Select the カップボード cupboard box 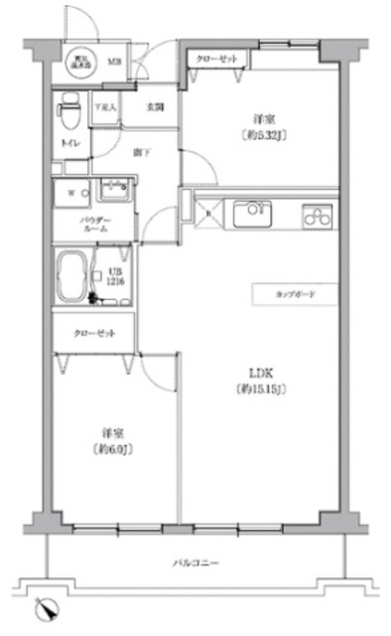(x=295, y=295)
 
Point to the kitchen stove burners (x=317, y=214)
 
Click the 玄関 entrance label (x=156, y=106)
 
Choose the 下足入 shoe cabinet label (x=104, y=106)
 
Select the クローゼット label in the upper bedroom (x=217, y=60)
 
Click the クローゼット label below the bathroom (x=93, y=333)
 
